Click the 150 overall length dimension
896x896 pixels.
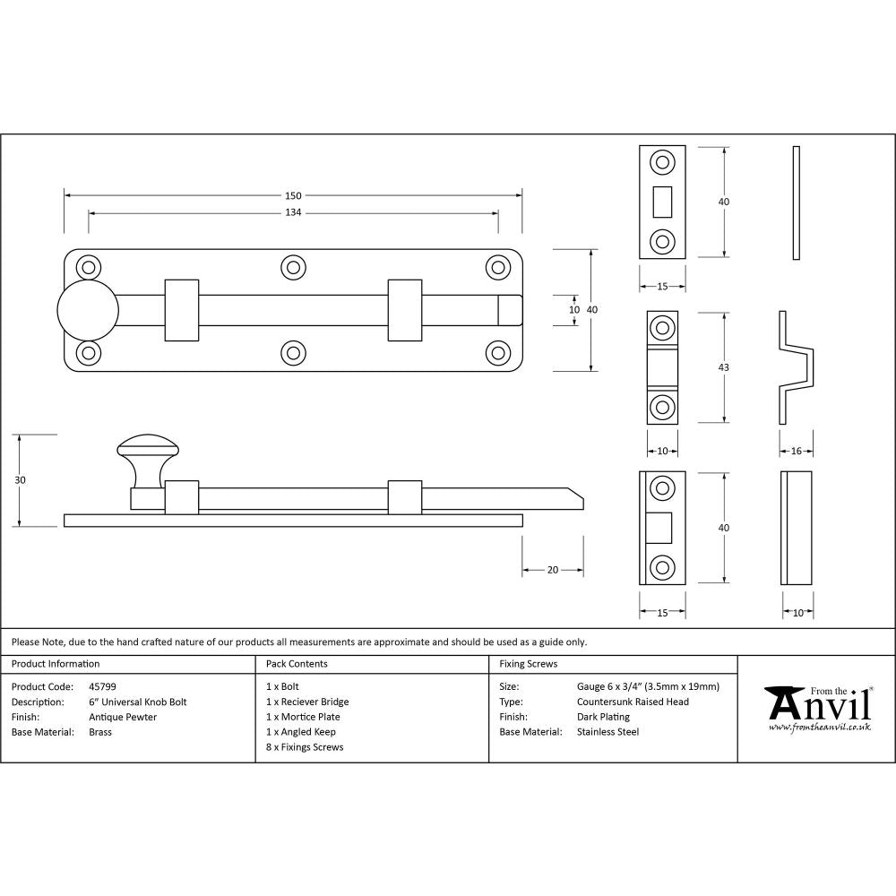click(293, 195)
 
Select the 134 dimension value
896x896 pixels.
click(293, 212)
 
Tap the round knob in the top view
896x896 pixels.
click(88, 310)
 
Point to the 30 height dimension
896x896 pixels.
click(21, 480)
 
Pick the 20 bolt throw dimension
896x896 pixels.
click(553, 570)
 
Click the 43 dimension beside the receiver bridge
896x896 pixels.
click(724, 367)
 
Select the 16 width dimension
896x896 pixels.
click(797, 451)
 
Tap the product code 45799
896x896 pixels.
click(102, 687)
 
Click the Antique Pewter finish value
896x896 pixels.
click(123, 717)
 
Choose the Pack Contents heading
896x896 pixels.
click(297, 664)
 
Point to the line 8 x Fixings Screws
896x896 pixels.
click(305, 747)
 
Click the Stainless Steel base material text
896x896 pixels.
click(608, 732)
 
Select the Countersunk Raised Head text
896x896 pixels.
click(633, 702)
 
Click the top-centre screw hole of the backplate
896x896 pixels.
click(292, 267)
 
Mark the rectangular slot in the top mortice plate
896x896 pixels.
click(663, 202)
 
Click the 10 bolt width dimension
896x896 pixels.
click(574, 309)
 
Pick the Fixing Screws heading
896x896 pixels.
click(529, 664)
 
